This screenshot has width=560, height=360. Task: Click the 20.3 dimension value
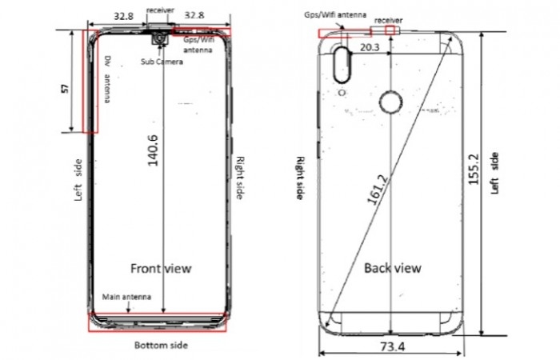370,48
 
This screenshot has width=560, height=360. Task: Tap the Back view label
392,268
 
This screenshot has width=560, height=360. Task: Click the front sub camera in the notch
162,38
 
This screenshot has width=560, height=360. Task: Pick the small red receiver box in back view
390,30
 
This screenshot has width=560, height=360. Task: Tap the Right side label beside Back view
302,179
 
